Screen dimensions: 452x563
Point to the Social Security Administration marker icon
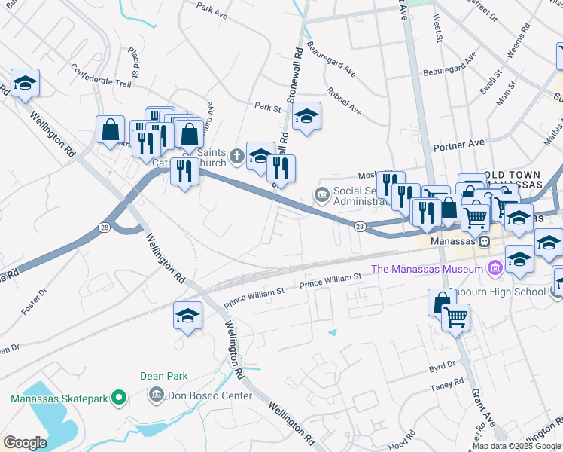(x=322, y=196)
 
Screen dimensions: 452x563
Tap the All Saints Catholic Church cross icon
(x=237, y=156)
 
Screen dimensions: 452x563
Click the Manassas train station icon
(x=485, y=241)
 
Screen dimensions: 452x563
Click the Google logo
(x=25, y=442)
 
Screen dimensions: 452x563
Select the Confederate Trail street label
(x=101, y=81)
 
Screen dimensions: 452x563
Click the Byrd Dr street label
(x=442, y=366)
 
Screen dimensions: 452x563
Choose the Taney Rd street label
(x=447, y=386)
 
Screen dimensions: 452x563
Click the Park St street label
(x=267, y=107)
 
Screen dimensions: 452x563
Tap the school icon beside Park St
(x=306, y=116)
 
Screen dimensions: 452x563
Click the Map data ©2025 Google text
(x=516, y=446)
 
